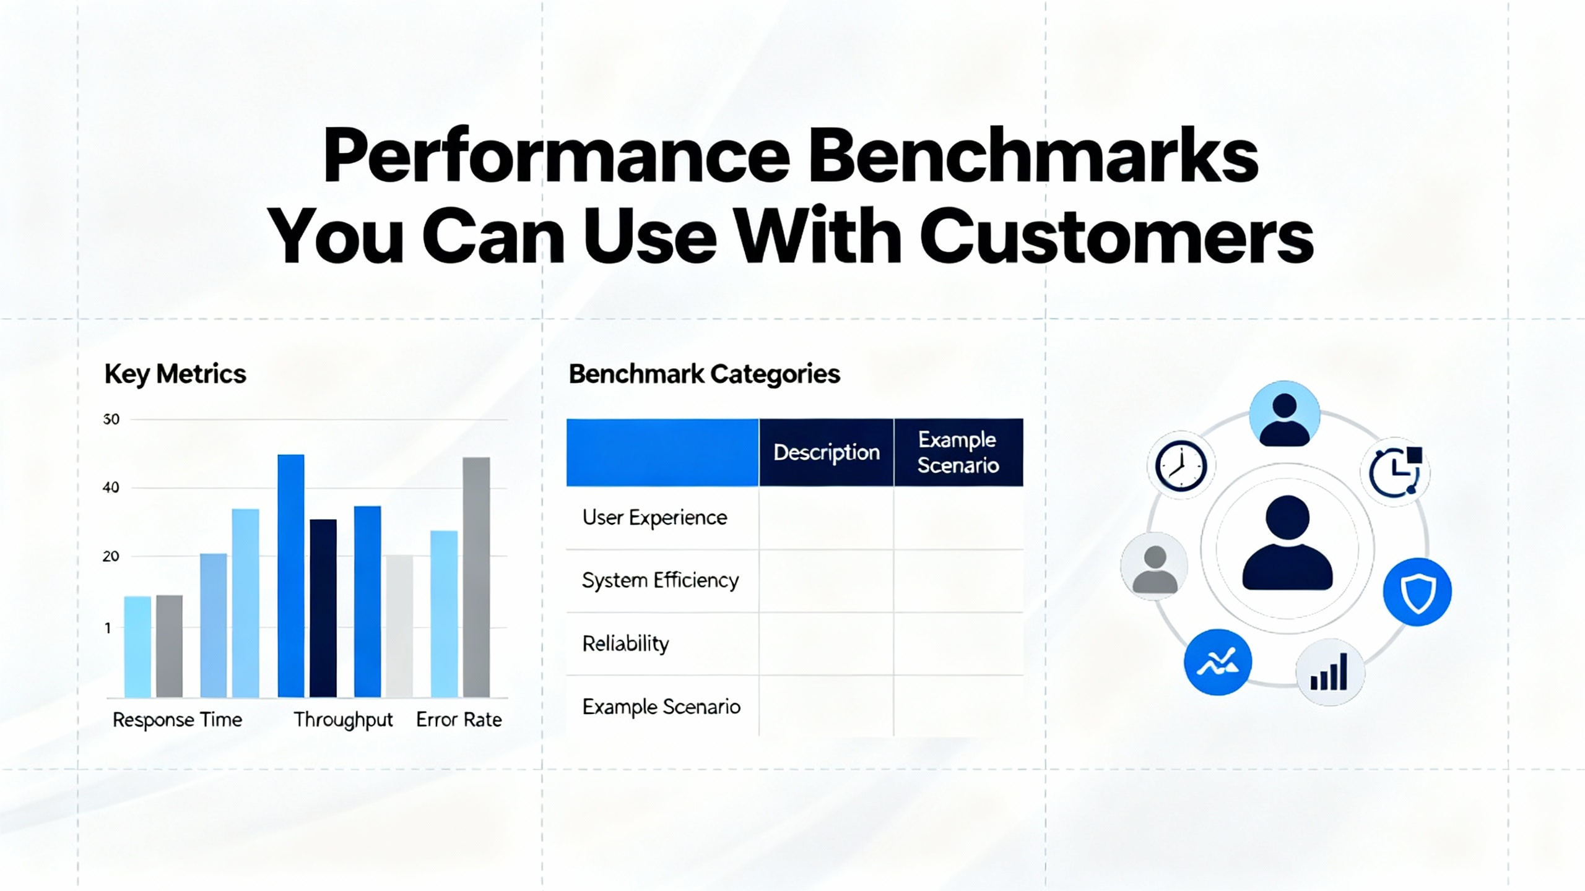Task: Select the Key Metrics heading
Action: (175, 374)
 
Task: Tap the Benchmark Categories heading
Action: (705, 374)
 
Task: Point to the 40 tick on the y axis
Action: (111, 488)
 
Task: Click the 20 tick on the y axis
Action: (111, 556)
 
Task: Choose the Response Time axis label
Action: (177, 720)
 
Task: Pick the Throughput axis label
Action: (343, 720)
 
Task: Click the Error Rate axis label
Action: (459, 720)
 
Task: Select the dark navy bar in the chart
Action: (323, 608)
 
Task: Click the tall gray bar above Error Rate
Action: (476, 577)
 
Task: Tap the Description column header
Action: (827, 453)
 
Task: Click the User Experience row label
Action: (654, 517)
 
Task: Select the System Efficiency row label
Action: (660, 580)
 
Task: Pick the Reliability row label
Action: (625, 643)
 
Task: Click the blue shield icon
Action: (1417, 592)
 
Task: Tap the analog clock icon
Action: (1181, 466)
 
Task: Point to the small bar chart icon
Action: (1329, 672)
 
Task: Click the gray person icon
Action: (1154, 566)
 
